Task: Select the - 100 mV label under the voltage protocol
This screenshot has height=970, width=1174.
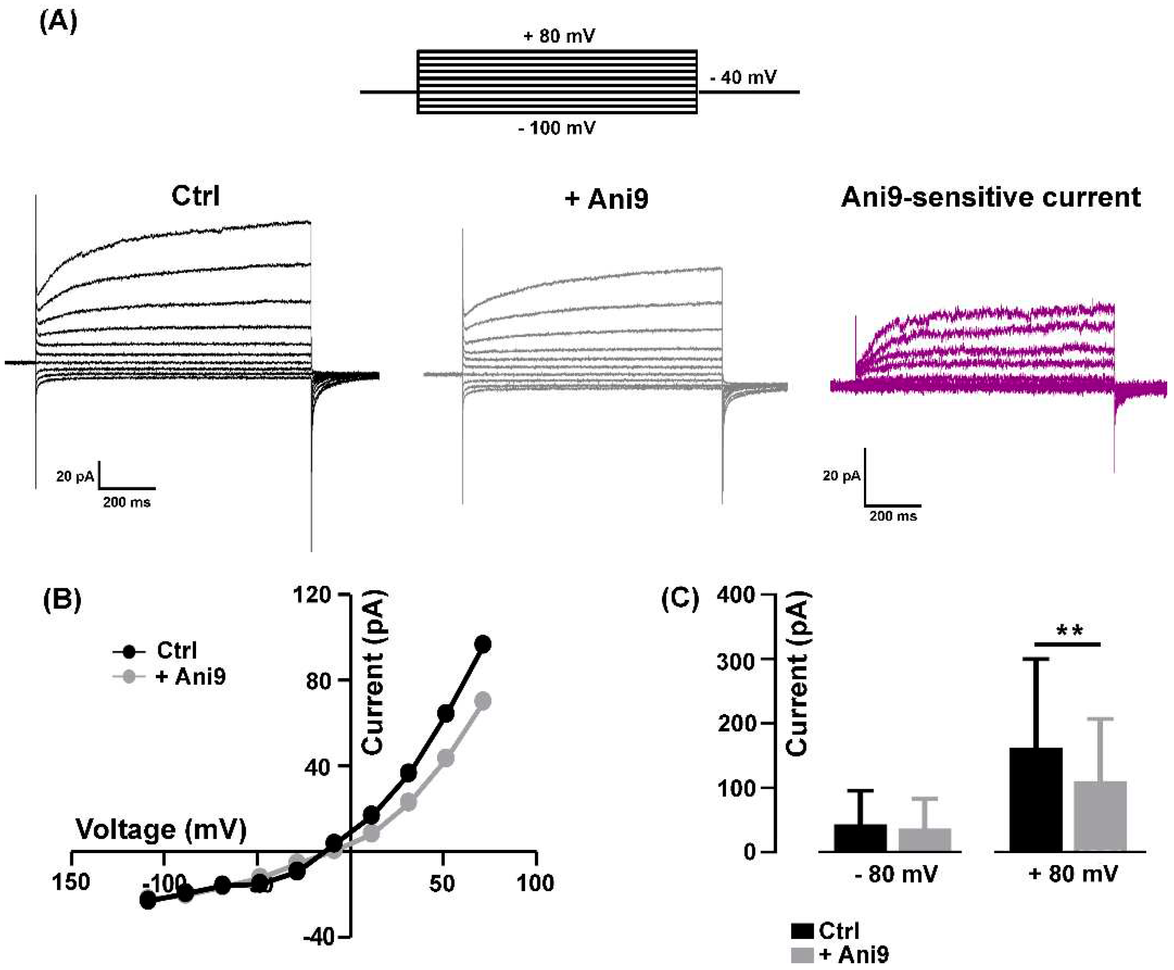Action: pyautogui.click(x=557, y=128)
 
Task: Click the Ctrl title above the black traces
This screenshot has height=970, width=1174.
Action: pyautogui.click(x=195, y=196)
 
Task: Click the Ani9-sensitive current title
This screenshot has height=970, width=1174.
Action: pyautogui.click(x=990, y=197)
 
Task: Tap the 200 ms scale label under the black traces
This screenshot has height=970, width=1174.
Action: pyautogui.click(x=127, y=502)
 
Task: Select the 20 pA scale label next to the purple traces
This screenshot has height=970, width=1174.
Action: pyautogui.click(x=841, y=476)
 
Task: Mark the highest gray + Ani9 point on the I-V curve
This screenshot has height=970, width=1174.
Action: pyautogui.click(x=483, y=701)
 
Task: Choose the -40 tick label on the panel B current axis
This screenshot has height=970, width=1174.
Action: pyautogui.click(x=319, y=936)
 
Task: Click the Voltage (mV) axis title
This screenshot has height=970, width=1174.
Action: pyautogui.click(x=161, y=829)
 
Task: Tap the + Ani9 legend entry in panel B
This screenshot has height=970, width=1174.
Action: pyautogui.click(x=190, y=677)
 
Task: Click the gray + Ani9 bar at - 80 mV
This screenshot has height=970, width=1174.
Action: pyautogui.click(x=925, y=840)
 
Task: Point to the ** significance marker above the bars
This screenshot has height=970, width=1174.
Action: pyautogui.click(x=1070, y=631)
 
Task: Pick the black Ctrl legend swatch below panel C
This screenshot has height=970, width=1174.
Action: pyautogui.click(x=802, y=931)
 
